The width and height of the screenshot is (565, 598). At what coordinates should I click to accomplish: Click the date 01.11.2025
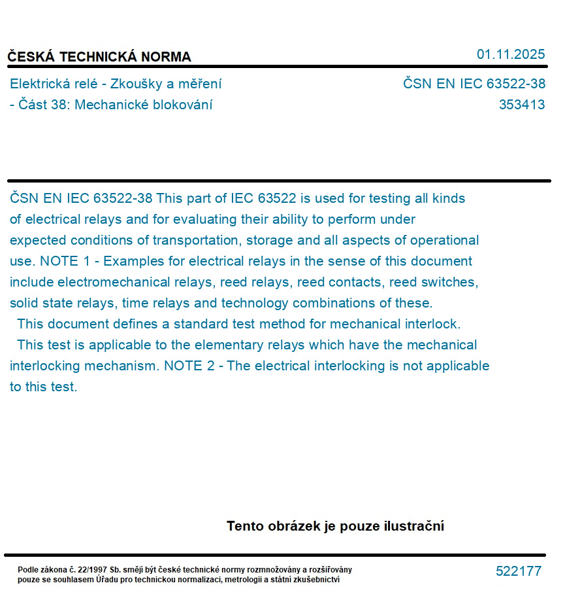click(x=510, y=54)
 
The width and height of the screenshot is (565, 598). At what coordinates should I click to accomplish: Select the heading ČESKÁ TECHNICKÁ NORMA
click(x=99, y=57)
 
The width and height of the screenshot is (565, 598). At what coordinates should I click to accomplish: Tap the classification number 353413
click(x=521, y=105)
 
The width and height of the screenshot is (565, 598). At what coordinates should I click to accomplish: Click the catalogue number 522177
click(x=518, y=571)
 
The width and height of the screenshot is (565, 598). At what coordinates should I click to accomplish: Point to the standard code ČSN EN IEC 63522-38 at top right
click(x=474, y=84)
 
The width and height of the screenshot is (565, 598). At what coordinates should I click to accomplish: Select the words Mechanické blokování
click(x=144, y=105)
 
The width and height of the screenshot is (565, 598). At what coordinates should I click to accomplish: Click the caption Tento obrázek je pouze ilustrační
click(x=335, y=526)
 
